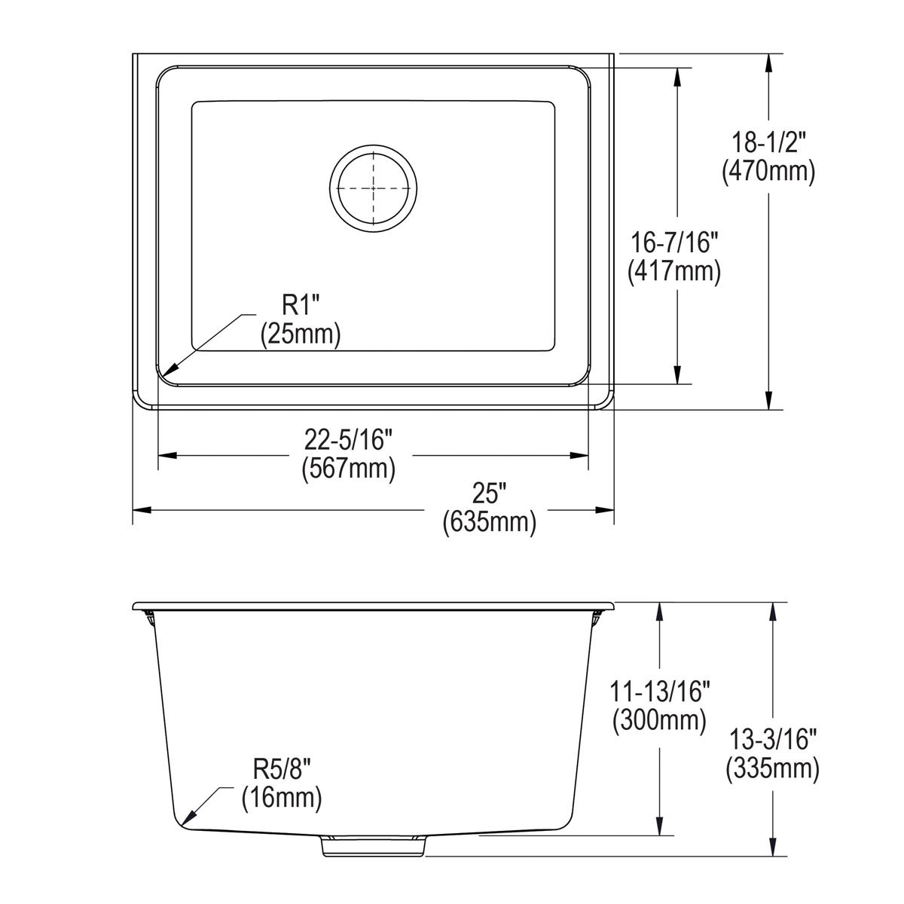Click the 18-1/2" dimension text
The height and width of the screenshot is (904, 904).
point(768,141)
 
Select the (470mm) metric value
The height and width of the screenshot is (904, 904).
point(768,173)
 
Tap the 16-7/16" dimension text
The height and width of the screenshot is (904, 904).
point(674,241)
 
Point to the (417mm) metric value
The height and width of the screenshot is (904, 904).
point(674,271)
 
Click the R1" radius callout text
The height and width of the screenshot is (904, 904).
point(301,304)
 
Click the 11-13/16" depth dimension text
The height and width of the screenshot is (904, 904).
point(659,689)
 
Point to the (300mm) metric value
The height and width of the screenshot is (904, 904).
point(659,720)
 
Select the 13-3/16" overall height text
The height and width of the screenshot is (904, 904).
point(772,738)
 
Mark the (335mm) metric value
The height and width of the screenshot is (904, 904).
point(772,769)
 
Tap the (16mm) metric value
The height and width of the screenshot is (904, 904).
point(281,798)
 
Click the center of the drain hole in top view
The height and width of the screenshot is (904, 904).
point(373,186)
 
